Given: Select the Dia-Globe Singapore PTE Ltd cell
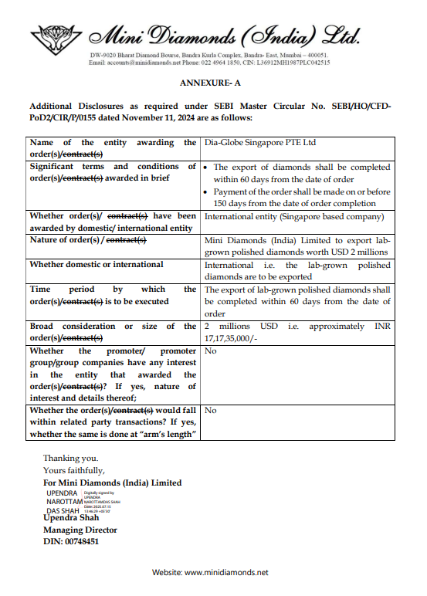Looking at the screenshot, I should pyautogui.click(x=259, y=143).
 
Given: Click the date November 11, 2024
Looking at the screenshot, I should pyautogui.click(x=197, y=117).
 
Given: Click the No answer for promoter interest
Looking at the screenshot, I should pyautogui.click(x=210, y=350).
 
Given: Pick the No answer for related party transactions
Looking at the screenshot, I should pyautogui.click(x=210, y=411).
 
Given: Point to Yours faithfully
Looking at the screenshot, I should pyautogui.click(x=74, y=470).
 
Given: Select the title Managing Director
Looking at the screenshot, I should pyautogui.click(x=80, y=530).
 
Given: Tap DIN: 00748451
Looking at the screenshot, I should pyautogui.click(x=71, y=542).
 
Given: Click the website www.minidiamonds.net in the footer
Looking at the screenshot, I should pyautogui.click(x=226, y=573).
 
